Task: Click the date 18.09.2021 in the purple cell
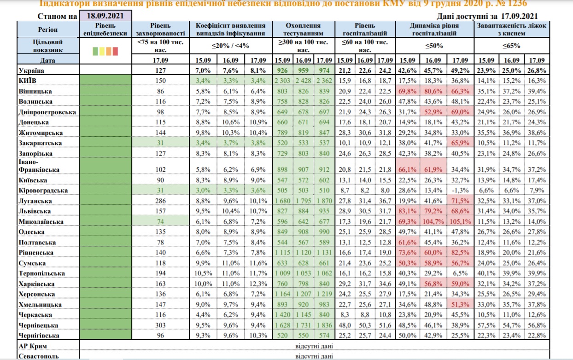105,16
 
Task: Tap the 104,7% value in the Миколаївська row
433,221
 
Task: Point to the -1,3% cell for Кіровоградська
458,190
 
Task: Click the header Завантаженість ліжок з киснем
512,29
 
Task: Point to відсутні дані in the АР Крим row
315,345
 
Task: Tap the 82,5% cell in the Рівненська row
458,253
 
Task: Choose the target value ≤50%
433,46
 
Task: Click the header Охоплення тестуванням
304,29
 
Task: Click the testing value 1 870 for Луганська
325,201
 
